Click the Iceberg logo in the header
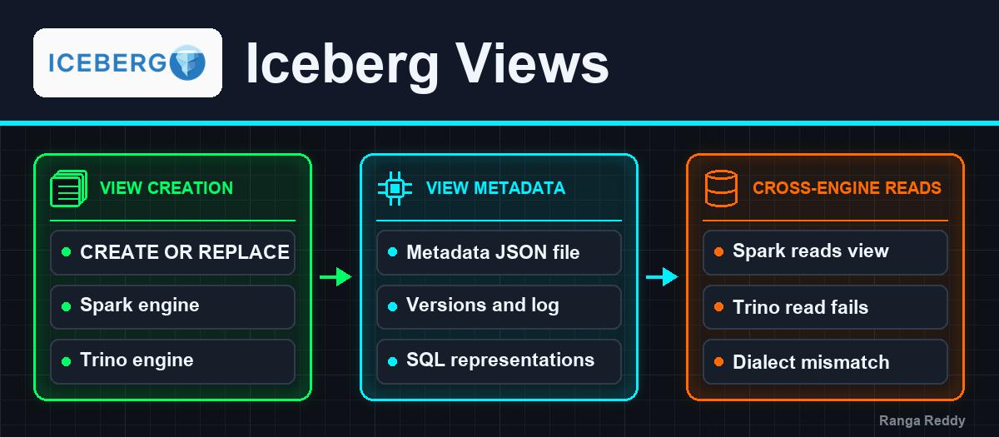pyautogui.click(x=127, y=63)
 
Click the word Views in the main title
pyautogui.click(x=532, y=64)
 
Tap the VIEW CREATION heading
pyautogui.click(x=166, y=188)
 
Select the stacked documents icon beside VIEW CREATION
pyautogui.click(x=68, y=189)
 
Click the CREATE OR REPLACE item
pyautogui.click(x=172, y=252)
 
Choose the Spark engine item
pyautogui.click(x=172, y=307)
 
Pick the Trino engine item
pyautogui.click(x=172, y=361)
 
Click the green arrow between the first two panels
pyautogui.click(x=335, y=277)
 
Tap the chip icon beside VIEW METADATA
pyautogui.click(x=395, y=189)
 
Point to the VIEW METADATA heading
pyautogui.click(x=495, y=188)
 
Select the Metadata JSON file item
pyautogui.click(x=499, y=252)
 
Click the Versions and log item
pyautogui.click(x=499, y=307)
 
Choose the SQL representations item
pyautogui.click(x=499, y=361)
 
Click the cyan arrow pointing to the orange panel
pyautogui.click(x=663, y=277)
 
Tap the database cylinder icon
pyautogui.click(x=721, y=189)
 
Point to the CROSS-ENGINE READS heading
pyautogui.click(x=847, y=188)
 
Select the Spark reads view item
pyautogui.click(x=826, y=252)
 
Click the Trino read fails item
pyautogui.click(x=826, y=307)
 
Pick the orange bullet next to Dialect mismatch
pyautogui.click(x=719, y=361)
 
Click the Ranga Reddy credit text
pyautogui.click(x=922, y=420)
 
